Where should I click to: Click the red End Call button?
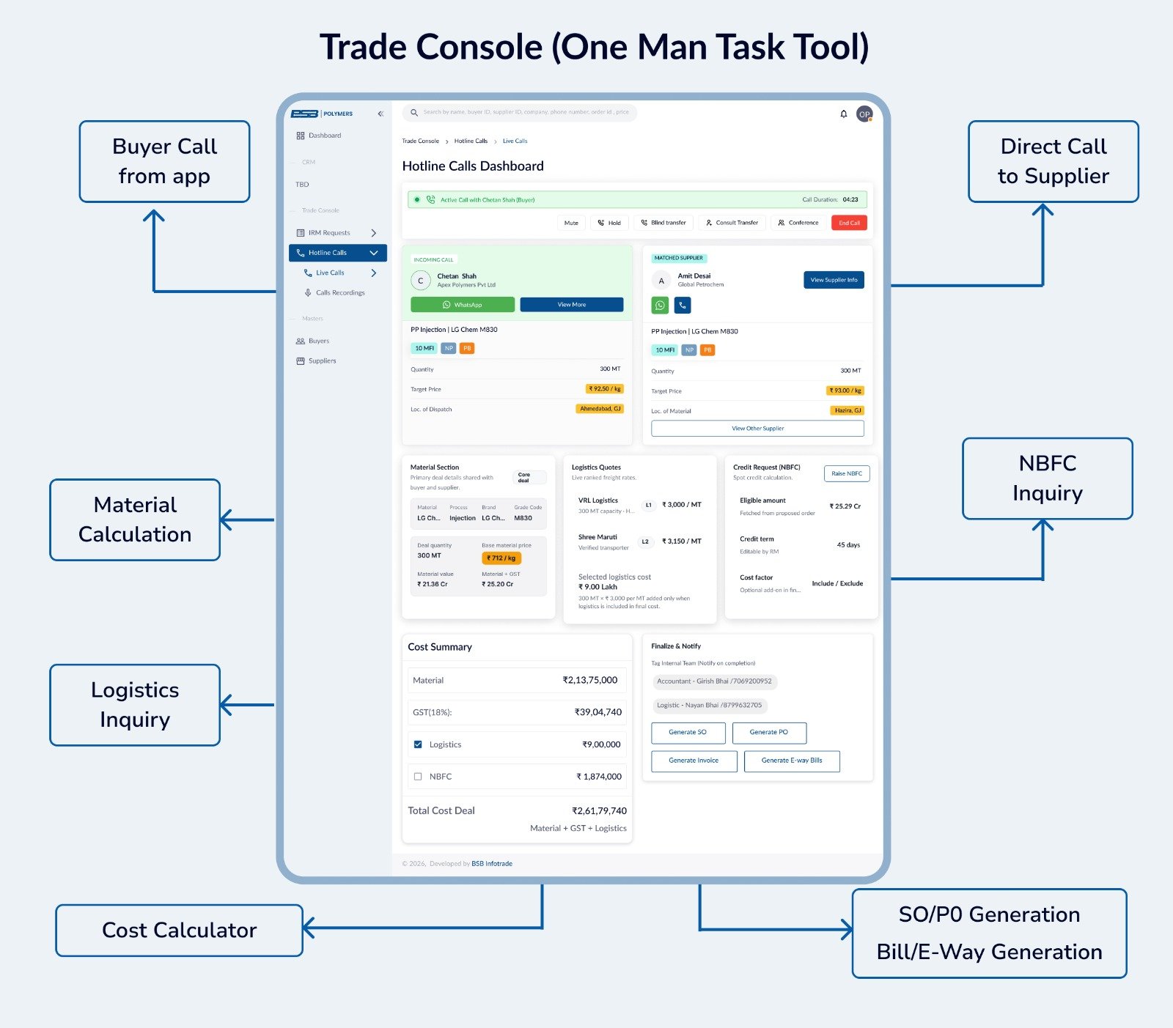(x=849, y=223)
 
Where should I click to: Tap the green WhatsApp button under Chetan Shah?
(x=463, y=305)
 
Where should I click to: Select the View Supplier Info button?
(x=834, y=280)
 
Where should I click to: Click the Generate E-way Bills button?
(x=791, y=761)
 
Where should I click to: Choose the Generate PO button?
(x=768, y=733)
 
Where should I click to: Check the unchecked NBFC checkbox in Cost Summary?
(x=418, y=777)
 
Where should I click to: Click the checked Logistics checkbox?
(x=418, y=744)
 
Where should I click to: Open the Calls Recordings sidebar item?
(x=339, y=293)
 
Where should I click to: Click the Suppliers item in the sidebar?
(x=322, y=361)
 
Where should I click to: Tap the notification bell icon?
(x=843, y=114)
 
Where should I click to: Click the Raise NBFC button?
(x=847, y=474)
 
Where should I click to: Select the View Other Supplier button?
(x=757, y=429)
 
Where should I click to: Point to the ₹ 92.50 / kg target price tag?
(x=605, y=389)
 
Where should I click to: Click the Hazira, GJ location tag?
(x=847, y=410)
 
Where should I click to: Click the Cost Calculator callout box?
(x=179, y=930)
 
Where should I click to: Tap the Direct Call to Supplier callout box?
(x=1053, y=161)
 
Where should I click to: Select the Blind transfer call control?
(x=663, y=223)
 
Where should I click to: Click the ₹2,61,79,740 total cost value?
(x=599, y=811)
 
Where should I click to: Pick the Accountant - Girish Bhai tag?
(x=714, y=681)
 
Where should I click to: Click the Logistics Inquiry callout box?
(x=135, y=705)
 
